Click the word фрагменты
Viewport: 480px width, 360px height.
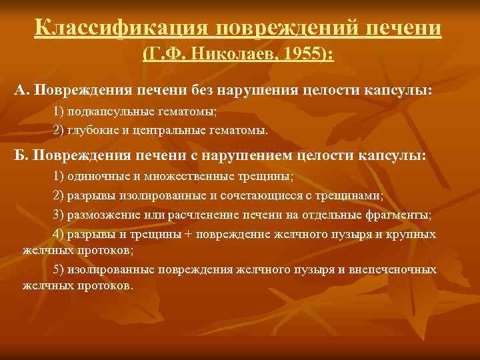(x=403, y=215)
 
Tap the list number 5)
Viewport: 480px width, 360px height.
(x=57, y=269)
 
